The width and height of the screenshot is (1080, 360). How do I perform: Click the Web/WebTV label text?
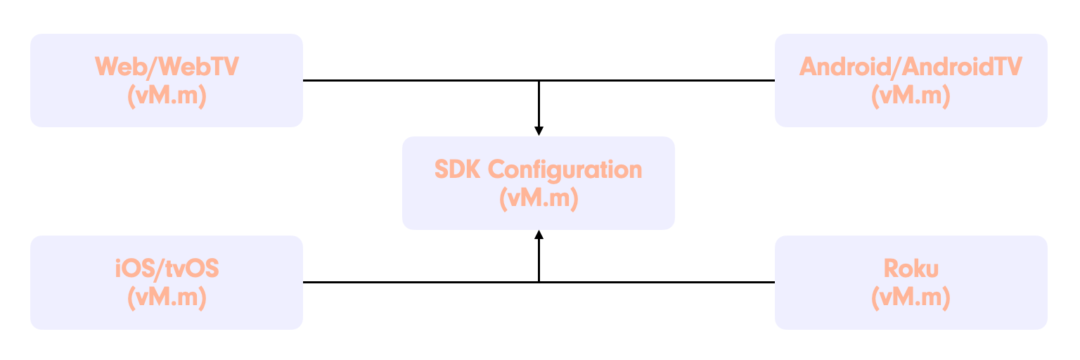[167, 67]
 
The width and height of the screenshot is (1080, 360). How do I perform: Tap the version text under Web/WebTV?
[167, 96]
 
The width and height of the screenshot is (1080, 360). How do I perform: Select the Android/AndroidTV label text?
[911, 67]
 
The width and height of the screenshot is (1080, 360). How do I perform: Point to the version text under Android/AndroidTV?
[911, 96]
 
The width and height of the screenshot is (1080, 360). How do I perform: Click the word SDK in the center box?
[457, 169]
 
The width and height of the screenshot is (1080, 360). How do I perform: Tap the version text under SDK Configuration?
[539, 198]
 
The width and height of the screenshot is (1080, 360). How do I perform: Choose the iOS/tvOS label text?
[167, 269]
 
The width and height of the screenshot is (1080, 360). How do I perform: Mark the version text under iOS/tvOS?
[167, 297]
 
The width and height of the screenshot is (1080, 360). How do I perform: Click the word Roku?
[911, 269]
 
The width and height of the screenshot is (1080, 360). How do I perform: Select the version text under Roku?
[911, 297]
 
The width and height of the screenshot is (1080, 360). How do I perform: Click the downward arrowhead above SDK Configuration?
[539, 131]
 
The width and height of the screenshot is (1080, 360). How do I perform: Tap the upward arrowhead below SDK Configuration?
[539, 235]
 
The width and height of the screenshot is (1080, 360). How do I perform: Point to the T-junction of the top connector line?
[539, 80]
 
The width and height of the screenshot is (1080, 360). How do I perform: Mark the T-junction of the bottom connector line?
[539, 282]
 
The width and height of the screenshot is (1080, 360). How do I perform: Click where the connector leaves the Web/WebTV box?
[303, 80]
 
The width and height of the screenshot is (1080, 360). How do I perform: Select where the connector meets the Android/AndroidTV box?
[775, 80]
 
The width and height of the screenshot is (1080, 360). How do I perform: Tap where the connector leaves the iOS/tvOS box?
[303, 282]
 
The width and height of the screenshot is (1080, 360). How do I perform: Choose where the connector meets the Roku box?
[775, 282]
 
